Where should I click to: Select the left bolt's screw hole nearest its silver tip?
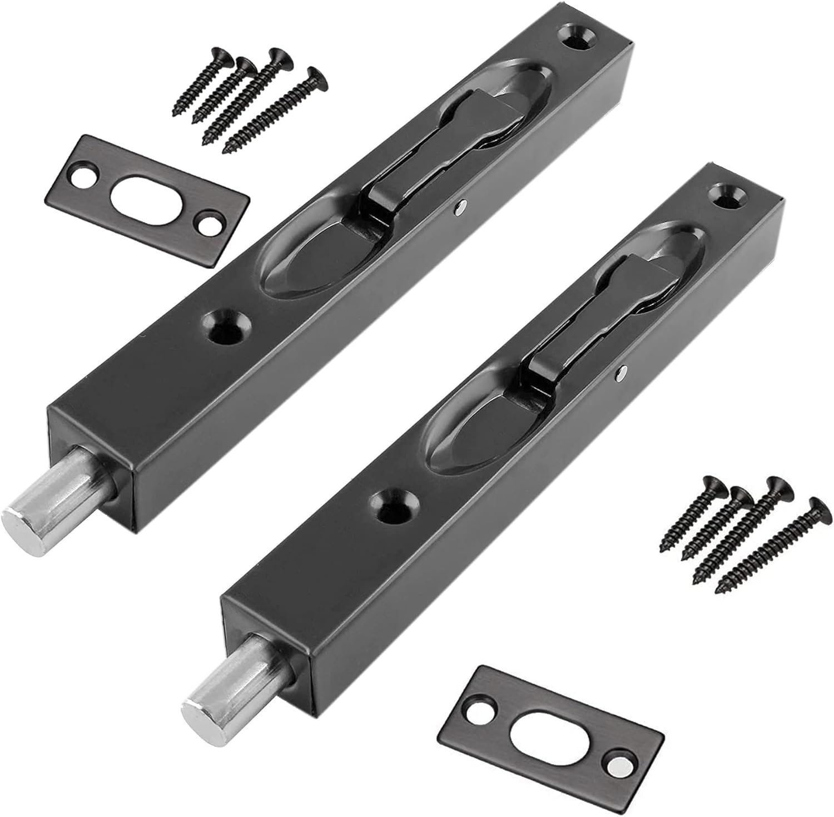tap(226, 326)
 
